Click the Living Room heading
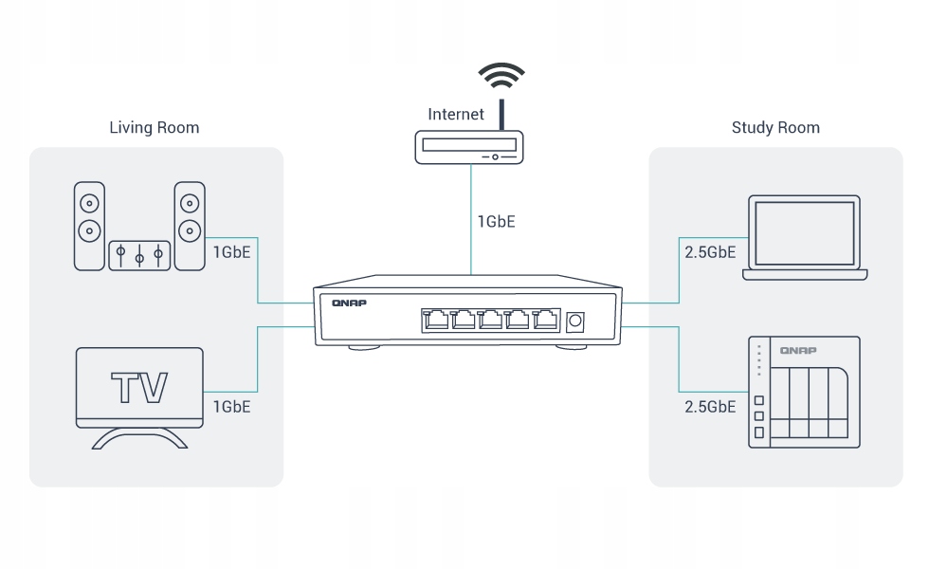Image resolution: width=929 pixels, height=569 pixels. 155,127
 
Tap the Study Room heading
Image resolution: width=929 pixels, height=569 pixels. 775,127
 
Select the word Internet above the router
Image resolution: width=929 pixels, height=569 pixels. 456,114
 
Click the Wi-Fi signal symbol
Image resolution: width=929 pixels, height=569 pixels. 501,75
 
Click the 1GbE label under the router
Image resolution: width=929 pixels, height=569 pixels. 497,222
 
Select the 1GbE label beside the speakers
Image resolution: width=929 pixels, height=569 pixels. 231,253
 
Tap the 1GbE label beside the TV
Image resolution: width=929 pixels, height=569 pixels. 231,406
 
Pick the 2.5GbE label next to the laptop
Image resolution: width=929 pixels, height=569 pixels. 710,253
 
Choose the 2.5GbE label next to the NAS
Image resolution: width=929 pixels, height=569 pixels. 710,406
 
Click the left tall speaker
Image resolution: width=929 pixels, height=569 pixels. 89,226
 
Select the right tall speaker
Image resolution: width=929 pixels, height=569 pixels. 190,226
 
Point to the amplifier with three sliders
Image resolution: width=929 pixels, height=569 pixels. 139,255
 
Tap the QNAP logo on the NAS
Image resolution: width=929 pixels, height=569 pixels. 799,351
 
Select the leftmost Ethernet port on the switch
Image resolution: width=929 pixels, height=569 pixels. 437,321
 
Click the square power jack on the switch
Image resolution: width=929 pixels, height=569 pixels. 574,322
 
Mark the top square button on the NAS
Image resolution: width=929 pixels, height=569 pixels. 758,401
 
